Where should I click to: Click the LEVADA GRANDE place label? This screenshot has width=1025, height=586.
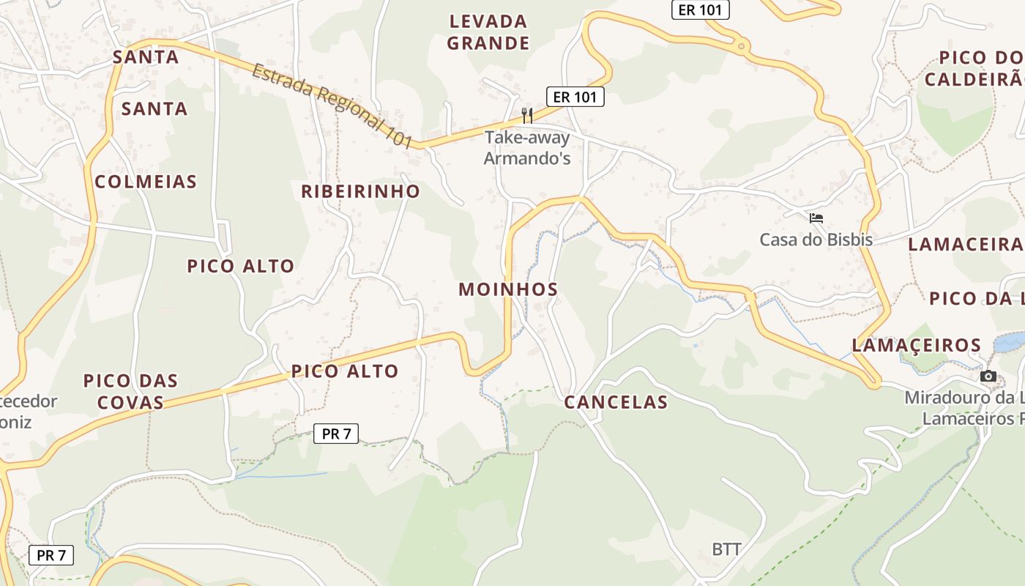pos(488,32)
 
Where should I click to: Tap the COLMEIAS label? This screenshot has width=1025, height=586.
pos(146,182)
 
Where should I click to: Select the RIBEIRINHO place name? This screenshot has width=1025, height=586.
pos(361,191)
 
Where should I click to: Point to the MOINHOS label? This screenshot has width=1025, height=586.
pos(508,289)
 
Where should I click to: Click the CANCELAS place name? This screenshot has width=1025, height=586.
pos(616,402)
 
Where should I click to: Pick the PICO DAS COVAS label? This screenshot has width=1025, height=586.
pos(130,391)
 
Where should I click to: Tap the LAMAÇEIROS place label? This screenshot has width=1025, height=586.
pos(917,345)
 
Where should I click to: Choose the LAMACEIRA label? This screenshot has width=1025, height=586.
pos(965,245)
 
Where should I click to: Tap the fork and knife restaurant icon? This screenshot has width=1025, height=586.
pos(526,115)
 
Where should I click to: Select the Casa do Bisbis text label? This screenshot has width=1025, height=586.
pos(816,240)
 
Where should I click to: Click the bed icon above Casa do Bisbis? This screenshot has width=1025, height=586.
pos(816,218)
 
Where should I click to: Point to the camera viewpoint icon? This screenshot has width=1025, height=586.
pos(988,376)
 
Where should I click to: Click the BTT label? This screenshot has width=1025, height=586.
pos(726,549)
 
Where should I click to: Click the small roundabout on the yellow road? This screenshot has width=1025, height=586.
pos(742,46)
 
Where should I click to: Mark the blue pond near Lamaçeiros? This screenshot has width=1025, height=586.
pos(1010,341)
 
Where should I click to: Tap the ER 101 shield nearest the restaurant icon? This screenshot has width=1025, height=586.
pos(575,96)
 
